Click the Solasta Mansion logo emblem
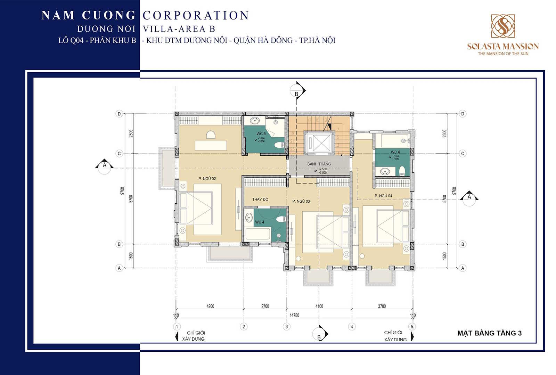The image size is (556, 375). coord(502,26)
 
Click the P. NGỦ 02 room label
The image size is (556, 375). coord(207,179)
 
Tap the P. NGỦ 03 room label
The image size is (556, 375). coord(301,201)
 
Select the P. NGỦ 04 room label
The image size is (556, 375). coord(383,196)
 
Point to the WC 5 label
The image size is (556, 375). coord(261,134)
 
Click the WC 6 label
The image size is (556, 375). coord(395,152)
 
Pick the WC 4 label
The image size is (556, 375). coord(260,222)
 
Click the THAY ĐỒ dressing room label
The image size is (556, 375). coord(260,199)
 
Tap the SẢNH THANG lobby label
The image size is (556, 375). coord(319,164)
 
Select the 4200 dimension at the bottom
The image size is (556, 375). coord(210,306)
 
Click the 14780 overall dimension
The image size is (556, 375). coord(294,315)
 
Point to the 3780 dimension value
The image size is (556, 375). coord(382,306)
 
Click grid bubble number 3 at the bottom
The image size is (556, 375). coord(287,327)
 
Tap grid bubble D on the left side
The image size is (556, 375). coord(119,114)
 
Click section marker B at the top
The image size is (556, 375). coord(296,93)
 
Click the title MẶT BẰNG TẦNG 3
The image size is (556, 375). coord(489,333)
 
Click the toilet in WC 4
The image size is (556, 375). coord(281,219)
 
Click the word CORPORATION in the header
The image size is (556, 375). coord(196,15)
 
